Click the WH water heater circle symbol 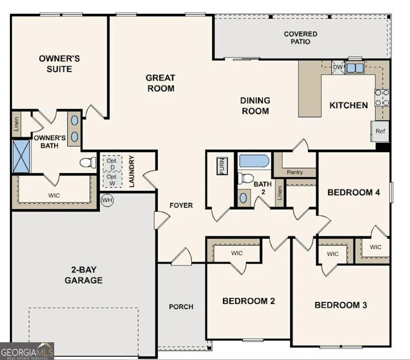pos(107,200)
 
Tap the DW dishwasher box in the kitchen pos(338,67)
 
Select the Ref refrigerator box pos(380,131)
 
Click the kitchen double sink pos(355,68)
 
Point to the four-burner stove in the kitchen pos(382,98)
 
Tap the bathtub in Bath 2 pos(254,161)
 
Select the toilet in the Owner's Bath pos(88,162)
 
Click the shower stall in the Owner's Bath pos(21,156)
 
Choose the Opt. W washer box pos(112,180)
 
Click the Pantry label pos(295,172)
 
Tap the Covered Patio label pos(300,38)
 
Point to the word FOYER pos(181,205)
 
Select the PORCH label pos(181,307)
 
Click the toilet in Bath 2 pos(245,178)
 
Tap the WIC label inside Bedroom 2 pos(237,253)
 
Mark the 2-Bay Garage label pos(84,275)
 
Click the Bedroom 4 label pos(354,192)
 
